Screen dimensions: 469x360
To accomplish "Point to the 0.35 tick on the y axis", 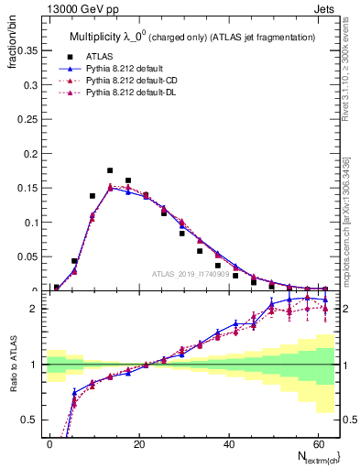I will pyautogui.click(x=26, y=50).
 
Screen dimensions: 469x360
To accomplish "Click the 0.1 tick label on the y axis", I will pyautogui.click(x=29, y=223).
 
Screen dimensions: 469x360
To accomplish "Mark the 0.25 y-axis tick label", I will pyautogui.click(x=26, y=119).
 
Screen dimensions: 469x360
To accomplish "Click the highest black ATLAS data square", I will pyautogui.click(x=110, y=170).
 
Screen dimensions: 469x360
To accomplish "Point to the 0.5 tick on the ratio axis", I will pyautogui.click(x=29, y=420).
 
